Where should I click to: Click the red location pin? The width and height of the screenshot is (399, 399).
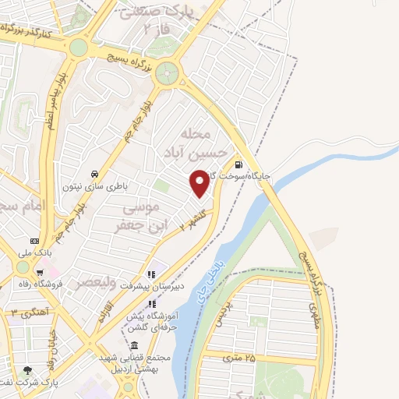coord(200,183)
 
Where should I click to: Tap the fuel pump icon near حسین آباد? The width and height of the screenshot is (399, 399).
coord(238,164)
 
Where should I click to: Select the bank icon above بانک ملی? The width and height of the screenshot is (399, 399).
coord(34,241)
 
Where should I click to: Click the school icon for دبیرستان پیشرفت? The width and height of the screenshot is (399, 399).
coord(151,274)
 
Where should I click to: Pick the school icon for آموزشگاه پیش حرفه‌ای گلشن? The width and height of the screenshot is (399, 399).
coord(151,307)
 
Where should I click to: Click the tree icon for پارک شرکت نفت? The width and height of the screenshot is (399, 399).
coord(29,371)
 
